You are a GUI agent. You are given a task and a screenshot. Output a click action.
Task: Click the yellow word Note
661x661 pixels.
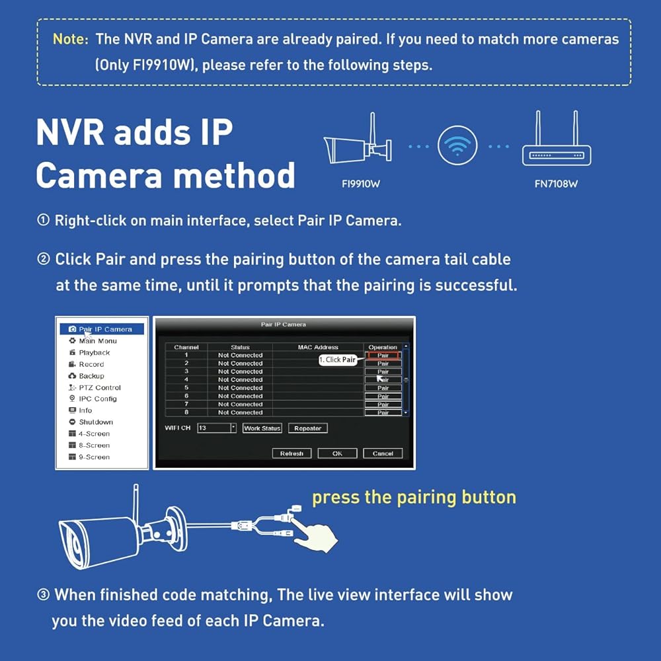tap(71, 39)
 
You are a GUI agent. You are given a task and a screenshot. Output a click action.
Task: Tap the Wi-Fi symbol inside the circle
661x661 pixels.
tap(457, 146)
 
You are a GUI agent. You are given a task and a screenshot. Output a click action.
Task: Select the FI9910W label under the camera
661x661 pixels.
tap(361, 184)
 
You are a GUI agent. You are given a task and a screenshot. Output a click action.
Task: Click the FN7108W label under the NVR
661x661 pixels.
tap(556, 184)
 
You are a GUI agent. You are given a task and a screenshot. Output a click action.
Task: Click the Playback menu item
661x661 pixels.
tap(94, 352)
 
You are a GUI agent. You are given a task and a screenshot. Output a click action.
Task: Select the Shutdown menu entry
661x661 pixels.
tap(96, 422)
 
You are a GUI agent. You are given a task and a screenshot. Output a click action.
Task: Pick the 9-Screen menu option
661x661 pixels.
tap(94, 457)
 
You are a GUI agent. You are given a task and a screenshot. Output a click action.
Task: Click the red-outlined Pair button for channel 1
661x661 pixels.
tap(383, 356)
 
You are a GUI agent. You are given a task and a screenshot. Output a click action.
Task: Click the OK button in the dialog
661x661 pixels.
tap(337, 453)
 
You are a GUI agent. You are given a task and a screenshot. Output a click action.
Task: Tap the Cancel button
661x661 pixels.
tap(383, 453)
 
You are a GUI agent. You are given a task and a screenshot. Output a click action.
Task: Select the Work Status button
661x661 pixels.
tap(262, 428)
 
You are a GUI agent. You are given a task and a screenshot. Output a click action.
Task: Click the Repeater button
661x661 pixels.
tap(308, 428)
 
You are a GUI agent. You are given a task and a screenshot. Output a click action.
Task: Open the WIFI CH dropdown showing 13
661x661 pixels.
tap(217, 428)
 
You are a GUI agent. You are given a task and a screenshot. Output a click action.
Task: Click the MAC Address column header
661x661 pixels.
tap(318, 348)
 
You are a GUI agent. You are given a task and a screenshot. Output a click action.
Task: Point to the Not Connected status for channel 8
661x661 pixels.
tap(241, 412)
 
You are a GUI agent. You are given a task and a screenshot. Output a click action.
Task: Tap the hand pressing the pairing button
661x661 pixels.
tap(315, 534)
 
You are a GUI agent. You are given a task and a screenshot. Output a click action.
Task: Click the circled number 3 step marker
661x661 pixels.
tap(43, 595)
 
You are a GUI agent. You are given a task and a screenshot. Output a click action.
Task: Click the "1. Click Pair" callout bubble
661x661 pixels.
tap(338, 360)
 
